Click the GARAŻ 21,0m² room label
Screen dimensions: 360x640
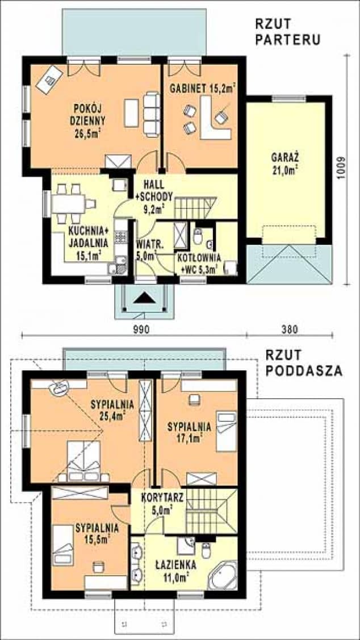pos(285,164)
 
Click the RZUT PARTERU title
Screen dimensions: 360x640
pos(287,31)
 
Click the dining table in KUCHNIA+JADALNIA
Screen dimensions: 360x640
pos(68,203)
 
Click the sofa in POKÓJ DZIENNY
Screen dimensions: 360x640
pos(151,114)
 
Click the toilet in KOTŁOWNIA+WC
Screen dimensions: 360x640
pos(198,236)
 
